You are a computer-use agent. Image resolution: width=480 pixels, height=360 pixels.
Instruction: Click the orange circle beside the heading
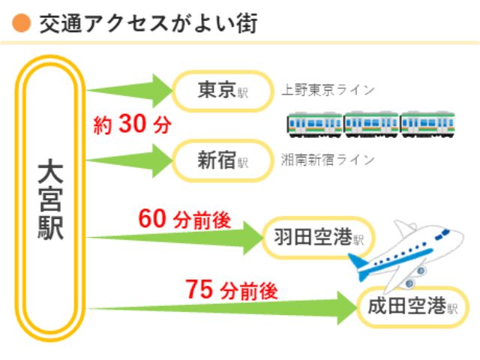click(22, 23)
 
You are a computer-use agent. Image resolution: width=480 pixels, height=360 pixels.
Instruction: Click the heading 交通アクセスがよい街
click(148, 23)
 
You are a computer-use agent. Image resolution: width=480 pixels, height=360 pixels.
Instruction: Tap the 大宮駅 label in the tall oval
click(50, 201)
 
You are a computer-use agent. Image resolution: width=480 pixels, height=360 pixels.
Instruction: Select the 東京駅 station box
click(223, 91)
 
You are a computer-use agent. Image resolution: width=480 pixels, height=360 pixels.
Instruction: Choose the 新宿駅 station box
click(223, 160)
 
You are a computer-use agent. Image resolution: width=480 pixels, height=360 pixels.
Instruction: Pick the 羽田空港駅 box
click(319, 238)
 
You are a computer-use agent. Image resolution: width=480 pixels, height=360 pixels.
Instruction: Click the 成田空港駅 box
click(412, 307)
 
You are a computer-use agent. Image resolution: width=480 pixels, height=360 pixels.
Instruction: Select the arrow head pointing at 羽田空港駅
click(253, 238)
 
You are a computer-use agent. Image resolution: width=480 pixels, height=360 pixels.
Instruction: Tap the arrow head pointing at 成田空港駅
click(347, 307)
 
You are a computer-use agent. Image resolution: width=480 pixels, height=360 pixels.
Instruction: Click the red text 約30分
click(132, 124)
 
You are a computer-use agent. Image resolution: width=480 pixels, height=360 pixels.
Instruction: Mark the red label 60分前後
click(184, 219)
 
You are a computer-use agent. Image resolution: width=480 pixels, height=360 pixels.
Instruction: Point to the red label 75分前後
click(232, 289)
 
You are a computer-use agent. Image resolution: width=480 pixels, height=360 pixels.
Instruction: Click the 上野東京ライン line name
click(328, 90)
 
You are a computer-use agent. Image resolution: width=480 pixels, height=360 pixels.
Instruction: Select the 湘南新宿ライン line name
click(328, 160)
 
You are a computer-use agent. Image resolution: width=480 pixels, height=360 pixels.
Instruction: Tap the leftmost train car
click(315, 124)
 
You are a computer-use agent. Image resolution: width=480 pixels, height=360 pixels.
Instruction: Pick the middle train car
click(371, 124)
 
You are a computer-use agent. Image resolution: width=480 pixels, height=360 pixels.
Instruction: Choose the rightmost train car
click(427, 124)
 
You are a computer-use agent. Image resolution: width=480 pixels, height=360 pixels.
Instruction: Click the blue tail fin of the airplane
click(358, 265)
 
